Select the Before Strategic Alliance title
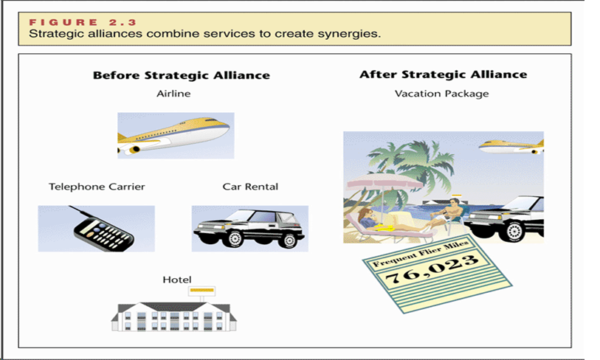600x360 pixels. click(181, 75)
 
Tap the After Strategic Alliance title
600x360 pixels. click(443, 75)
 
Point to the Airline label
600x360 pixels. click(173, 94)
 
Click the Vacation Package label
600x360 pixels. click(441, 94)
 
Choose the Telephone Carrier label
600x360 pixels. click(97, 187)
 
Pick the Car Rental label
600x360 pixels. click(250, 187)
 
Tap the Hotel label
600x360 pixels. click(176, 280)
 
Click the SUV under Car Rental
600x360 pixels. click(249, 228)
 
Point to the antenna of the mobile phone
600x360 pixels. click(83, 215)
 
